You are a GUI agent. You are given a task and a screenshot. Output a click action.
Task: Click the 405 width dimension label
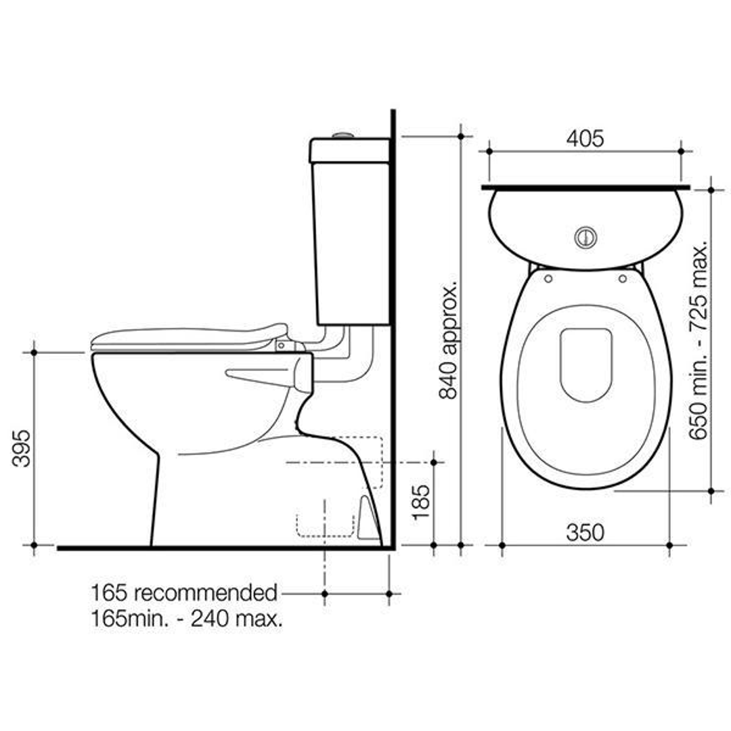tap(585, 139)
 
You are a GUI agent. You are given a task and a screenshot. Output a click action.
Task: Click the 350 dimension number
tap(585, 533)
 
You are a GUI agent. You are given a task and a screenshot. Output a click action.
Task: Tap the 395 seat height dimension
tap(23, 447)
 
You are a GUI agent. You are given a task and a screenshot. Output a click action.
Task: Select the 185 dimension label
tap(420, 501)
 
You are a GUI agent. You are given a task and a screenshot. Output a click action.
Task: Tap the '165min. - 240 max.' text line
tap(187, 618)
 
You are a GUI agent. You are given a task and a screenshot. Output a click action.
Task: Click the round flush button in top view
tap(585, 237)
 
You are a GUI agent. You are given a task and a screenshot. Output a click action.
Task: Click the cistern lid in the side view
tap(349, 150)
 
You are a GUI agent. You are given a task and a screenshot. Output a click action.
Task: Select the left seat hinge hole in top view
tap(548, 278)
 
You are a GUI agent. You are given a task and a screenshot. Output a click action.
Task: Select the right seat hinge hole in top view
tap(622, 278)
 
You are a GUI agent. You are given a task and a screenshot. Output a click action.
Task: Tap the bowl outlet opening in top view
tap(586, 364)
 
